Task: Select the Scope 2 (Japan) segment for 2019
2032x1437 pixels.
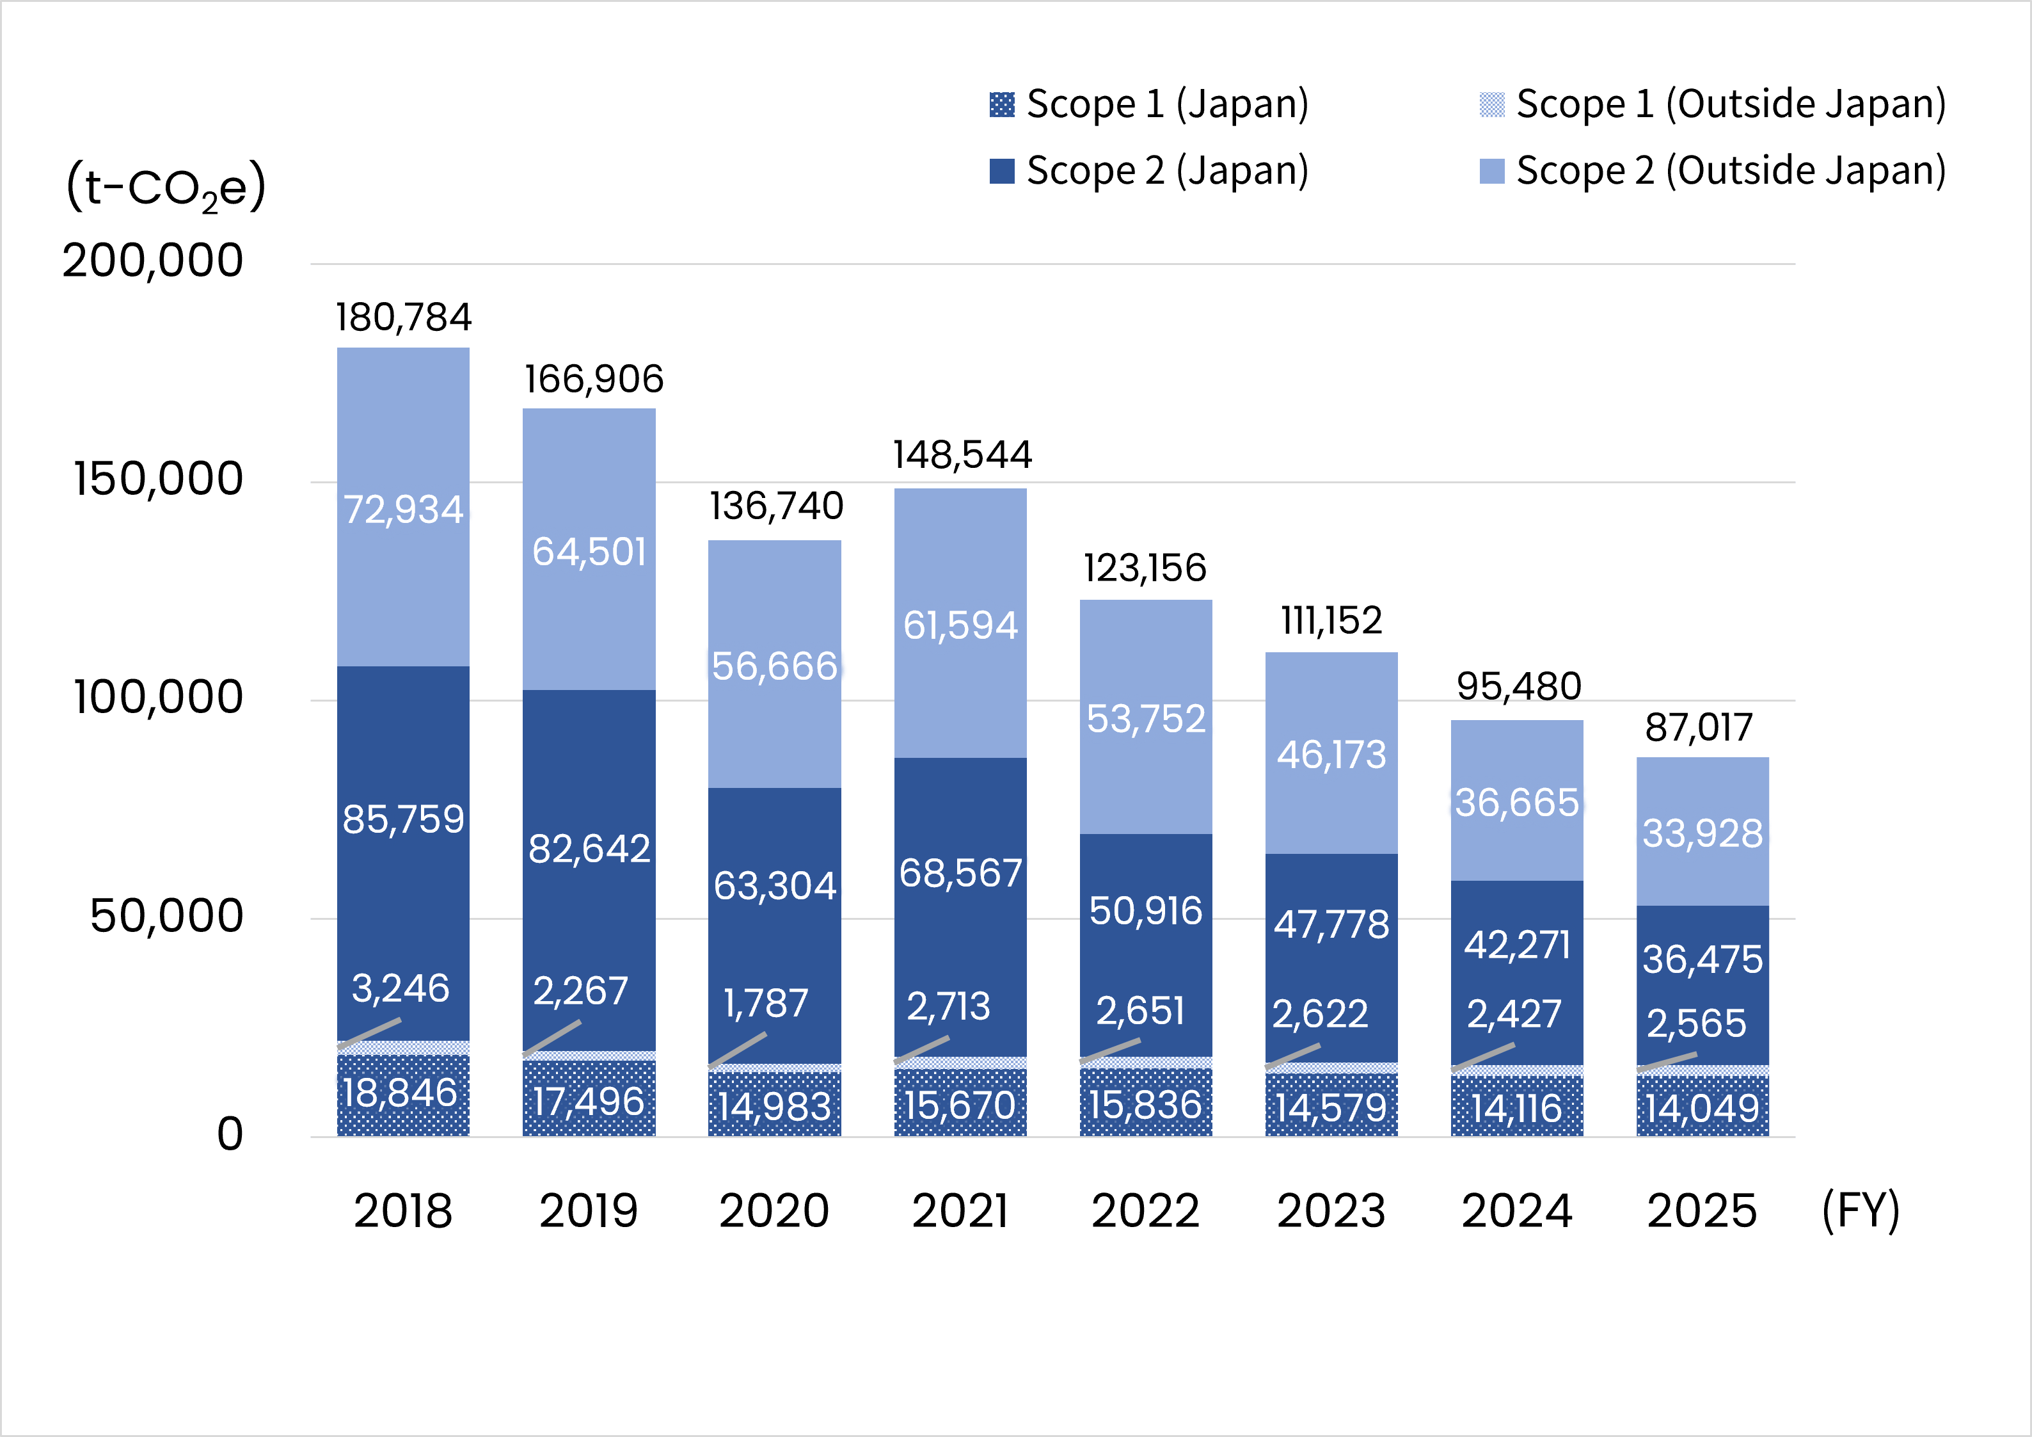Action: point(589,871)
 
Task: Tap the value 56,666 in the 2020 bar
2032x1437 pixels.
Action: point(774,666)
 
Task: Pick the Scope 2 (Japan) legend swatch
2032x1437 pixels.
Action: point(1002,171)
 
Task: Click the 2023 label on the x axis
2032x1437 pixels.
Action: point(1331,1210)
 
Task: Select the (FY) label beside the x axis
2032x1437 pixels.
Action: point(1861,1210)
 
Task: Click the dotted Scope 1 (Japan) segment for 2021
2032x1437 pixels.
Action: point(960,1102)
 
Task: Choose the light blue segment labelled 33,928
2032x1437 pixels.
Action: point(1703,831)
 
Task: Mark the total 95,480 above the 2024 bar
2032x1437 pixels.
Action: point(1519,686)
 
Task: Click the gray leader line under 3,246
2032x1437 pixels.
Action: point(369,1033)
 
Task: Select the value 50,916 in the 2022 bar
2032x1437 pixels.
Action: point(1145,911)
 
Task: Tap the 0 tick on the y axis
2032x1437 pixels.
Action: point(230,1134)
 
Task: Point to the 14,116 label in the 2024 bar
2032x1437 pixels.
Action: point(1517,1109)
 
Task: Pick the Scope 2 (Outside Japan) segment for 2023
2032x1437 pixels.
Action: point(1331,753)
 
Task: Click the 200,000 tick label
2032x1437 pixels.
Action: point(152,261)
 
